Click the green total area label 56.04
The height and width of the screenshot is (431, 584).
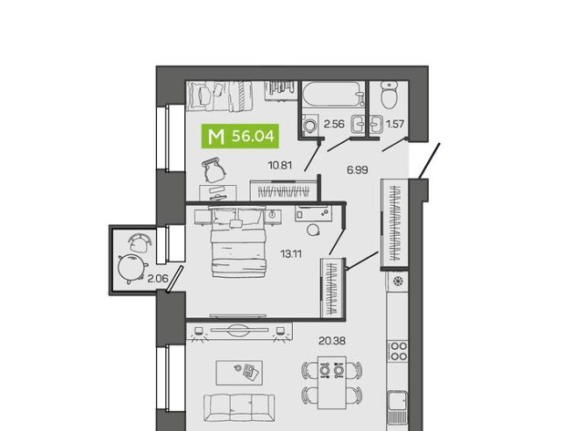[253, 137]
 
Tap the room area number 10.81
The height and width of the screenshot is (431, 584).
[280, 165]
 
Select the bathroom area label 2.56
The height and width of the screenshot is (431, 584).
[334, 124]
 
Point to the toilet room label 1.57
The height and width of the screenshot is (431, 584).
[395, 124]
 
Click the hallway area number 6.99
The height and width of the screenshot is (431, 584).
[357, 170]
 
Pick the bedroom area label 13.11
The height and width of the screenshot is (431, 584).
[291, 254]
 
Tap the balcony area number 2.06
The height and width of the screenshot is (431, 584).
[158, 278]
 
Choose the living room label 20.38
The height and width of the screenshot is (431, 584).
[332, 341]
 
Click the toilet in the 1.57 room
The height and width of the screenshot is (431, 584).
[390, 95]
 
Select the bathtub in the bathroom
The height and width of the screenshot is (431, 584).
[332, 95]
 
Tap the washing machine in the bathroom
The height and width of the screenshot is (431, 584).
[310, 125]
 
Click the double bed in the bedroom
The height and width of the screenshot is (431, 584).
[238, 242]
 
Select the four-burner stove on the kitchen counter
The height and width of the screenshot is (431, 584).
[398, 352]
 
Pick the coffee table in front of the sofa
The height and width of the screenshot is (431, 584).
[239, 373]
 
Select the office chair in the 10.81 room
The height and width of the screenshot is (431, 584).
[214, 170]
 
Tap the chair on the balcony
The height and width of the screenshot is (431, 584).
[140, 242]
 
